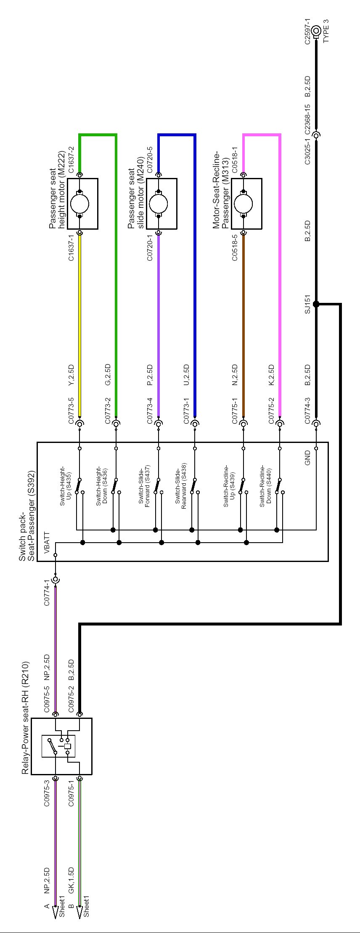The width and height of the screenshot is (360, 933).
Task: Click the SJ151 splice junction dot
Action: click(x=316, y=304)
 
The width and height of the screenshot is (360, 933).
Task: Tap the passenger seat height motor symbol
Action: click(x=80, y=204)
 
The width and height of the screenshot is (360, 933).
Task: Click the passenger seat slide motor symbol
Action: click(x=159, y=204)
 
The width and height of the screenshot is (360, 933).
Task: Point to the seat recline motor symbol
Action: click(x=244, y=204)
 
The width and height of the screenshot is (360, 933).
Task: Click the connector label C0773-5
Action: click(x=71, y=411)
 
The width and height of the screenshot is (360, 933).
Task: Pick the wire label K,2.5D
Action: click(x=271, y=375)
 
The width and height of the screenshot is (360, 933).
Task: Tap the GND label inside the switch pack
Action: click(x=307, y=458)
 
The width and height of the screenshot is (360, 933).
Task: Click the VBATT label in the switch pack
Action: click(x=46, y=543)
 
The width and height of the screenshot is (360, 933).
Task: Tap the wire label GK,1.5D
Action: click(x=71, y=879)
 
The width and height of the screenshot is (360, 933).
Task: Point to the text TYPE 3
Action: click(x=326, y=31)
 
